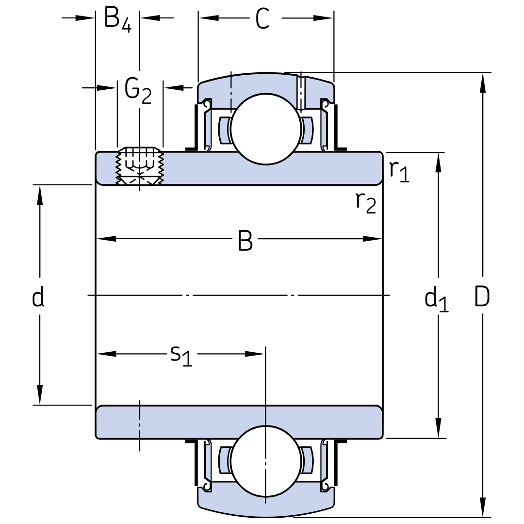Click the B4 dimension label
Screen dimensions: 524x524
point(118,19)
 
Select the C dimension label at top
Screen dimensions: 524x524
point(262,19)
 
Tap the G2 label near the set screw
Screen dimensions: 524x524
point(138,91)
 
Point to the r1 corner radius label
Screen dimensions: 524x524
point(399,171)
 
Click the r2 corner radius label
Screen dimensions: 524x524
point(366,203)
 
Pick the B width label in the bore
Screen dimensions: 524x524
point(245,240)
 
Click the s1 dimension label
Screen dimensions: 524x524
point(181,356)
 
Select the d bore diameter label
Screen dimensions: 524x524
point(38,296)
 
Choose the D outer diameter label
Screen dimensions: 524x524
point(482,296)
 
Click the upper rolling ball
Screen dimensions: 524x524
point(266,129)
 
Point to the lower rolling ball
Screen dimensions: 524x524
point(266,461)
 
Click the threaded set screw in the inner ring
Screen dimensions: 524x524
point(139,166)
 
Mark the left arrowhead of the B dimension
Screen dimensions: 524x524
point(106,239)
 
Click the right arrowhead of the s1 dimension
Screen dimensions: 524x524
point(255,354)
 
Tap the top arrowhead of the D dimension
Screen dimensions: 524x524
point(483,83)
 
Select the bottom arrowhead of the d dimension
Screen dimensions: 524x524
point(40,394)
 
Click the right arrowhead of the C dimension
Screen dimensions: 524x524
point(324,18)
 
